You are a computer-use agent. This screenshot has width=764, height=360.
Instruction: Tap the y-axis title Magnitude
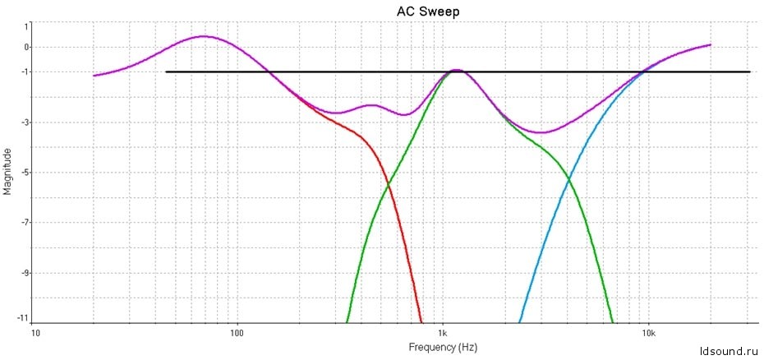pyautogui.click(x=7, y=171)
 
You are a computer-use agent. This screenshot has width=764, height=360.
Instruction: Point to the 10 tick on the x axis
pyautogui.click(x=35, y=334)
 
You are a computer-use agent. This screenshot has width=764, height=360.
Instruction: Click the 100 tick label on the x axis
pyautogui.click(x=237, y=334)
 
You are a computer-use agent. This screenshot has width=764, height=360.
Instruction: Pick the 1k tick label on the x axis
pyautogui.click(x=443, y=334)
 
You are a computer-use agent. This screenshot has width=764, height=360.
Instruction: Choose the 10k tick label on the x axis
pyautogui.click(x=648, y=334)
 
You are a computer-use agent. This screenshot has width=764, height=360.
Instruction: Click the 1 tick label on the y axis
pyautogui.click(x=26, y=25)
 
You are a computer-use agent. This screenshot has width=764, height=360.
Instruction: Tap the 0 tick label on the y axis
pyautogui.click(x=26, y=47)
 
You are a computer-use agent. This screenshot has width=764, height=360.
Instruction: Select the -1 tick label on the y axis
pyautogui.click(x=25, y=72)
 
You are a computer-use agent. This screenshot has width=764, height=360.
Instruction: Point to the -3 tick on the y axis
pyautogui.click(x=25, y=122)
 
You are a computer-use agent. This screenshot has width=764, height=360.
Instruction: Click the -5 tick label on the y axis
pyautogui.click(x=25, y=173)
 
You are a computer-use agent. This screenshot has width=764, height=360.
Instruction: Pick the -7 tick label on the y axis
pyautogui.click(x=25, y=223)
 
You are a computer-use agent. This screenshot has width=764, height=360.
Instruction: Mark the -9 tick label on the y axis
pyautogui.click(x=25, y=273)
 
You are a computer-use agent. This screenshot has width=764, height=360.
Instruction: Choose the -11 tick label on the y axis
pyautogui.click(x=23, y=317)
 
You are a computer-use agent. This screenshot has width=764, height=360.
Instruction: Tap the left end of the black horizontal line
pyautogui.click(x=167, y=72)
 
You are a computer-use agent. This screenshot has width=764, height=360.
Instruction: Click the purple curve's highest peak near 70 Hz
pyautogui.click(x=204, y=36)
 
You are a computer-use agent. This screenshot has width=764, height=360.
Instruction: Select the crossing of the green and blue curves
pyautogui.click(x=569, y=181)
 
